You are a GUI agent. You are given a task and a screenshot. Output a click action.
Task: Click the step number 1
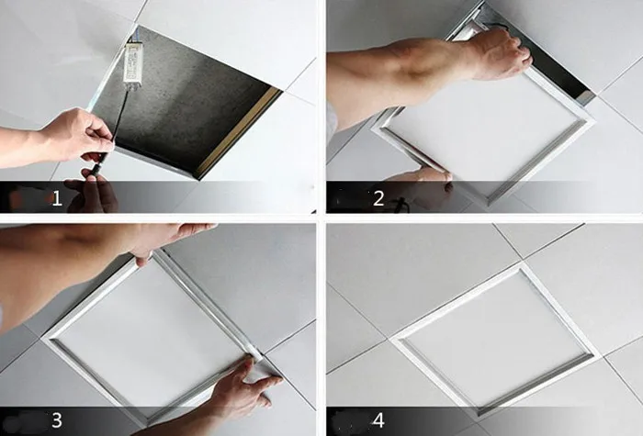(57, 198)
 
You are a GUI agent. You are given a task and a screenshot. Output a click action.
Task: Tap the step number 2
(378, 198)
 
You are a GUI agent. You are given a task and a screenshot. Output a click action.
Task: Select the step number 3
(57, 420)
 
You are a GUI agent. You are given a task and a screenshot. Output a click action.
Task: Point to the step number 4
(378, 420)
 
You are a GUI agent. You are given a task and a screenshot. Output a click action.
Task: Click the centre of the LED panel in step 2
(484, 131)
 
